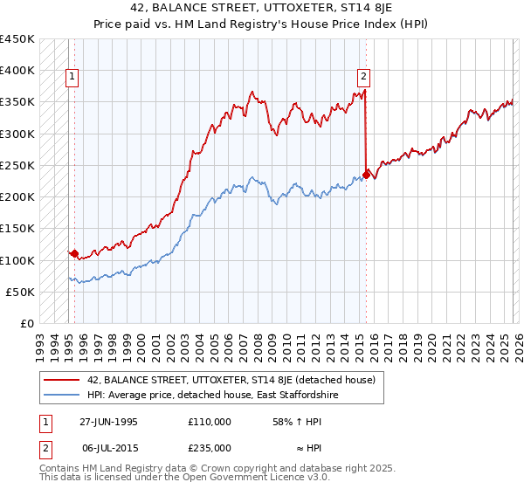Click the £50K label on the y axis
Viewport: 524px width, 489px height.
click(x=21, y=293)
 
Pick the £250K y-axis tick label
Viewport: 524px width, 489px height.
click(x=17, y=166)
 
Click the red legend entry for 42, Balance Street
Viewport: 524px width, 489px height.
click(x=231, y=380)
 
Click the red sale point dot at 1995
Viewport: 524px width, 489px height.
click(x=75, y=254)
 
